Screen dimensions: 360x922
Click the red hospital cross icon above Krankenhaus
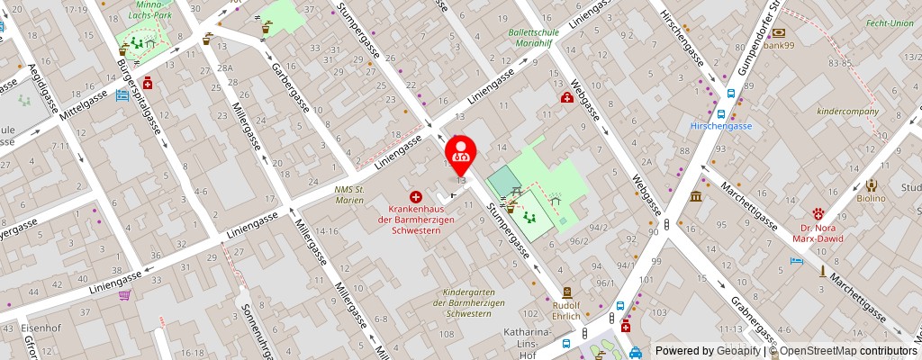tap(416, 196)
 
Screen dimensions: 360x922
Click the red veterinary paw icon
tap(818, 214)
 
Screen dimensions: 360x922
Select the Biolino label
tap(870, 198)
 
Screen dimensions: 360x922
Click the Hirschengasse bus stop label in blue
tap(721, 126)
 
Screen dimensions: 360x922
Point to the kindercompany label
tap(846, 112)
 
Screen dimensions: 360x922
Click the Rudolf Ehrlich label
tap(567, 310)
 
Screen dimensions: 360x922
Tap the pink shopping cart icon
tap(124, 294)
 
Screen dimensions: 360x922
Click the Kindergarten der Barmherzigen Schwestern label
tap(468, 303)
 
